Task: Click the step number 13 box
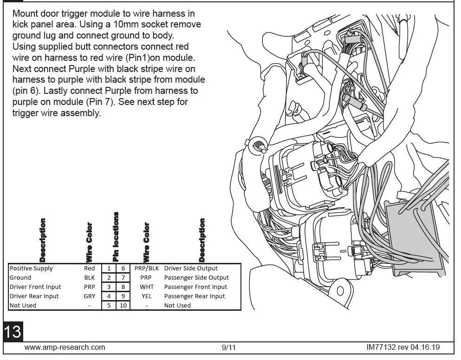click(13, 332)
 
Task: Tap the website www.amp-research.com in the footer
click(65, 347)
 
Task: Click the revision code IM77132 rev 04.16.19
click(403, 347)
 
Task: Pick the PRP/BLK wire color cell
click(147, 268)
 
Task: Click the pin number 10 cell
click(123, 306)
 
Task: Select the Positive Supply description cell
click(31, 268)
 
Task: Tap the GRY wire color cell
click(90, 296)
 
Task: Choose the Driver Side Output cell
click(191, 268)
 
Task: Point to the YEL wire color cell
click(147, 296)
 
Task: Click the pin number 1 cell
click(109, 268)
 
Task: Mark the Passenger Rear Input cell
click(195, 296)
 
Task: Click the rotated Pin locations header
click(116, 236)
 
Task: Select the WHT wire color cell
click(147, 287)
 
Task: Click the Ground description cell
click(20, 278)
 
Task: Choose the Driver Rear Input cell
click(34, 296)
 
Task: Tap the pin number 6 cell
click(123, 268)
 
